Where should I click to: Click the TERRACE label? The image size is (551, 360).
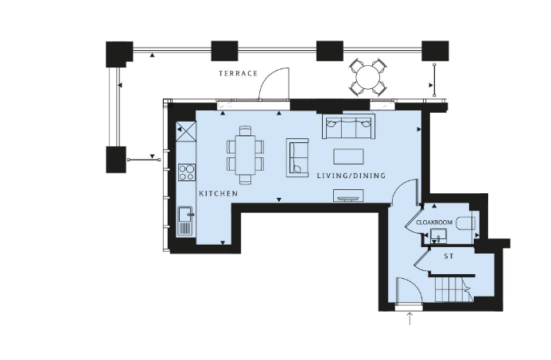coord(239,73)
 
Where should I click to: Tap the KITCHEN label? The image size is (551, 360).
coord(218,194)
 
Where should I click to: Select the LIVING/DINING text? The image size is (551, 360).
coord(351,176)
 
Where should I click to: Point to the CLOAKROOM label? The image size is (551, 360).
coord(434,223)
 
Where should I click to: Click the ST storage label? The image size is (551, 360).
coord(448,257)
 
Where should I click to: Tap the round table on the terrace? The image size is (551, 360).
coord(368,77)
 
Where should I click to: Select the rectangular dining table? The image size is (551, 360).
coord(245,155)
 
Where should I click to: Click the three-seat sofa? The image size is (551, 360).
coord(348,126)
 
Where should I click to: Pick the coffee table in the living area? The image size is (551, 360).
coord(348,157)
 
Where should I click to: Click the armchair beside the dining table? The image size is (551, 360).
coord(297,157)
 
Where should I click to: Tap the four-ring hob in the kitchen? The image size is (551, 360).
coord(187,172)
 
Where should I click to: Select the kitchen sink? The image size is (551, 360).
coord(185,221)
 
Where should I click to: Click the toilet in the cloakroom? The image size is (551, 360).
coord(466,223)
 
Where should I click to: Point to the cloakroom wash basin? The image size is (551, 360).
coord(438,235)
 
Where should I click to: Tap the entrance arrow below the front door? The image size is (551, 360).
coord(409,318)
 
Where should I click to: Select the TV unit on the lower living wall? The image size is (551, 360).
coord(348,195)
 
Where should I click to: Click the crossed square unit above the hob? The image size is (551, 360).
coord(186,131)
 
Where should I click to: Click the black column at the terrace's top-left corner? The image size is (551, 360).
coord(118,54)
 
